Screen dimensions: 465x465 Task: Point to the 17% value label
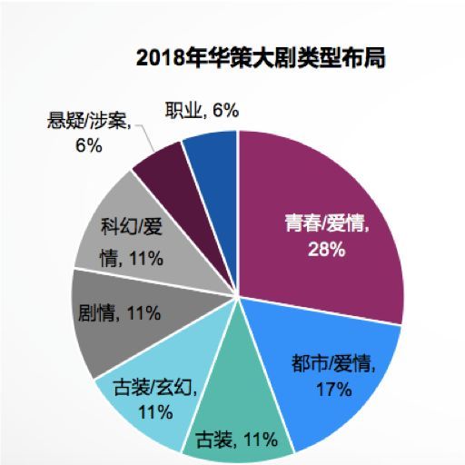[x=334, y=391]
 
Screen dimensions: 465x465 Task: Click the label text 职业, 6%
[x=202, y=111]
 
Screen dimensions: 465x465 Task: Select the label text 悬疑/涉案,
[x=91, y=119]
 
